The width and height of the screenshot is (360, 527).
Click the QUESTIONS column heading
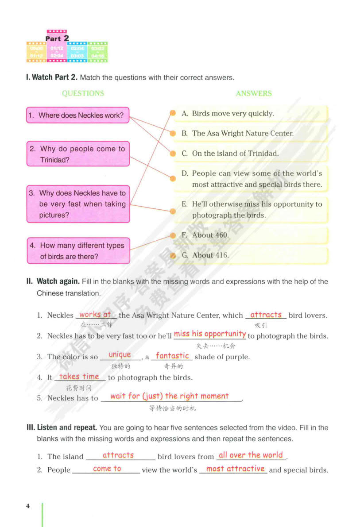[83, 93]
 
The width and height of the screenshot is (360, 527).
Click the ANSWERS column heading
[254, 93]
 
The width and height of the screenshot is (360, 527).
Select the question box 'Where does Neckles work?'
[78, 115]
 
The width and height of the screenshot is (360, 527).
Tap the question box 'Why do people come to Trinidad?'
[78, 154]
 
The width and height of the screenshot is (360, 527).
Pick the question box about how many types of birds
[78, 251]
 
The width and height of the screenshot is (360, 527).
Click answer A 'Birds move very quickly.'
[233, 114]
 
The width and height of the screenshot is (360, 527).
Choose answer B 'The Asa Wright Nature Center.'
[243, 133]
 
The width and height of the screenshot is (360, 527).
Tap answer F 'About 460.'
[210, 235]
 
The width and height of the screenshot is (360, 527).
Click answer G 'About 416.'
[210, 255]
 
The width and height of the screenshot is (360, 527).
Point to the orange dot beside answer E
[173, 211]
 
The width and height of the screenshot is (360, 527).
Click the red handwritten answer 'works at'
[95, 315]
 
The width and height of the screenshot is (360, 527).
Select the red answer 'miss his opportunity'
[210, 334]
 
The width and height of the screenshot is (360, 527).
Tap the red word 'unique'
[120, 354]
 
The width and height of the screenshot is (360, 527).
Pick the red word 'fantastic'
[172, 355]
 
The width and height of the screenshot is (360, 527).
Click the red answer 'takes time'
[79, 377]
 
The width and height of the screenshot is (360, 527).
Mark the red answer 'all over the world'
[251, 455]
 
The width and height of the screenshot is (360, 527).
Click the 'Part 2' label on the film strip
[57, 38]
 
